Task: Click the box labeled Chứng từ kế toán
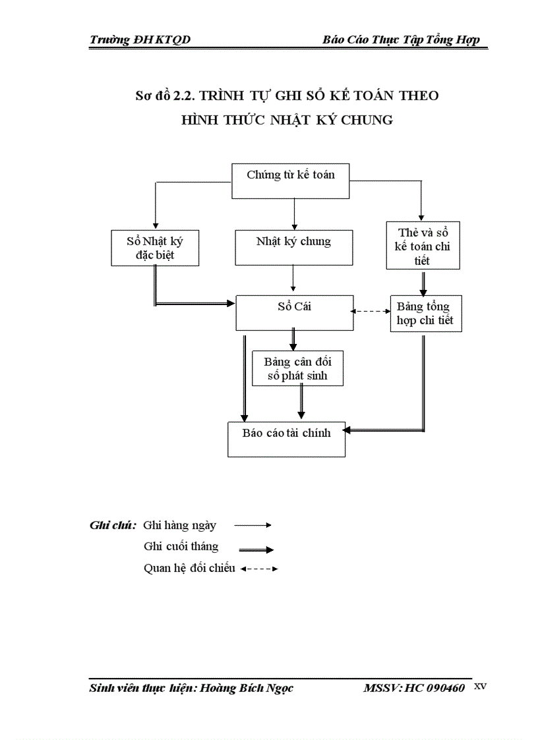291,180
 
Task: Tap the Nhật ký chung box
293,247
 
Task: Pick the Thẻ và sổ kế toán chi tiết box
423,245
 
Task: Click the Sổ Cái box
293,312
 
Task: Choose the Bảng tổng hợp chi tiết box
425,314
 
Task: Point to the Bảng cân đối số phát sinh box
297,369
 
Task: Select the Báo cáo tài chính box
287,439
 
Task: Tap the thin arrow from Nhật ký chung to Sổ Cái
293,280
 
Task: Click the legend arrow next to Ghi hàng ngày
253,525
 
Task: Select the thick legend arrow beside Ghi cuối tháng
256,549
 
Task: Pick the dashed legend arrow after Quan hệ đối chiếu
259,569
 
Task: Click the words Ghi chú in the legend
113,525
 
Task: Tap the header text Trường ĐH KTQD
140,40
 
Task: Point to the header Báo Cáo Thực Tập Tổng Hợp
401,40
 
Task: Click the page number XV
480,686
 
